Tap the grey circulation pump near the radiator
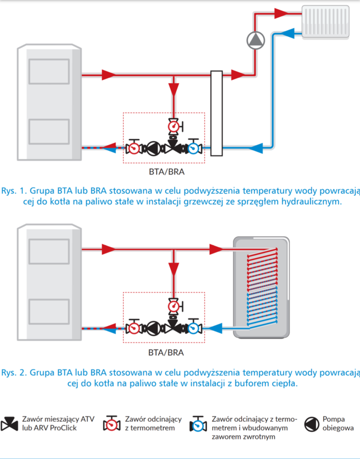point(253,40)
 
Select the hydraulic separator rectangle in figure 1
point(217,113)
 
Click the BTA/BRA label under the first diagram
point(165,170)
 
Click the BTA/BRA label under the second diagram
point(165,352)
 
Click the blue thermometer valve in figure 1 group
point(194,148)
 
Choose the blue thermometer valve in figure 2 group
point(194,328)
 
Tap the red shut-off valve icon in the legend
point(110,424)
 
